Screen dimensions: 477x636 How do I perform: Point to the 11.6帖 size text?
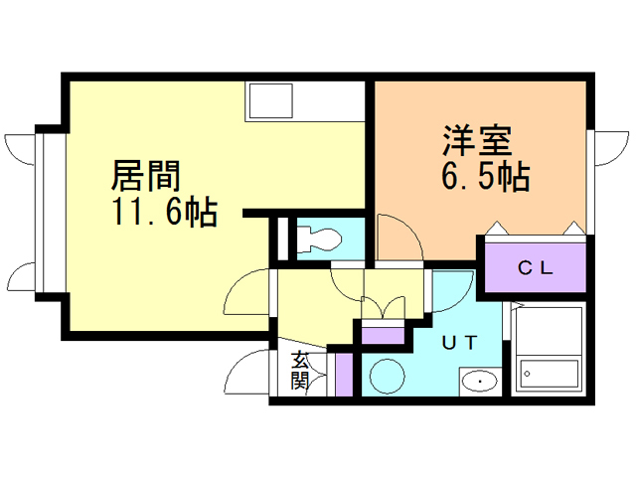point(164,213)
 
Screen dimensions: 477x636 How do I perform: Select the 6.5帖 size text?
point(484,178)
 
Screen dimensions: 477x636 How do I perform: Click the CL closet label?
point(538,267)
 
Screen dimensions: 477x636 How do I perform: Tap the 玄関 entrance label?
point(300,372)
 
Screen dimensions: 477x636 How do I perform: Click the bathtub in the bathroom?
point(551,374)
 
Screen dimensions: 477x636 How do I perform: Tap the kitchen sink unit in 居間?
point(294,102)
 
